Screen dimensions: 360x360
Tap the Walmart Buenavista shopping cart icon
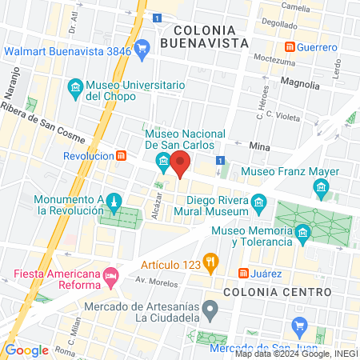point(142,49)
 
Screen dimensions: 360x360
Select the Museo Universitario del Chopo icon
point(74,87)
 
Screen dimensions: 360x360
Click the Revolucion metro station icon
point(122,155)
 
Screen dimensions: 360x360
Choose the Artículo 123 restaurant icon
point(210,260)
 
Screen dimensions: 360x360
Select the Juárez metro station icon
point(243,274)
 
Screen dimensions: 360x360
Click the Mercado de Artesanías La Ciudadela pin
point(210,308)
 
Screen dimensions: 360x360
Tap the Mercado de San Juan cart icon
point(301,326)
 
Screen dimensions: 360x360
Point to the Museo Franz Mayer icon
point(322,190)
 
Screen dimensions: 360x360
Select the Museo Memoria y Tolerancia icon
point(302,234)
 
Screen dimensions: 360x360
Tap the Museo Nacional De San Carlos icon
point(164,164)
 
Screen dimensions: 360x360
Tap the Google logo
point(26,350)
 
